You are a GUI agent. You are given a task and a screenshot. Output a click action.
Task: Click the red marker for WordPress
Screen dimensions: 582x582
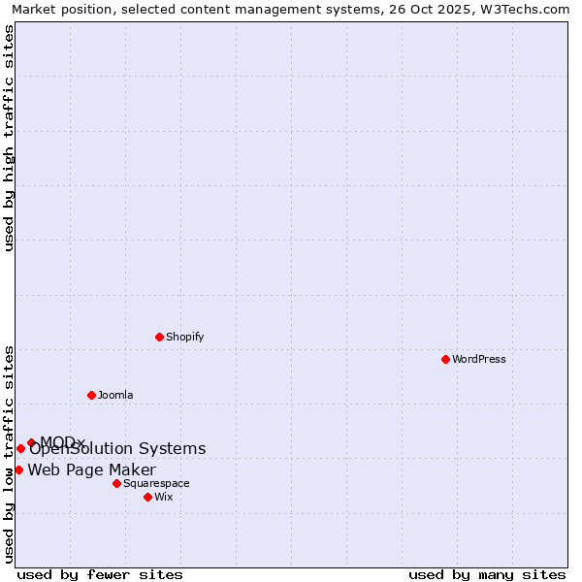(445, 359)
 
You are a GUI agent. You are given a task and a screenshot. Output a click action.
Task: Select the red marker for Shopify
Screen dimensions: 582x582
(159, 337)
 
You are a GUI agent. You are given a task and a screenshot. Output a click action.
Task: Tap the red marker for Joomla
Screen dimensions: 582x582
(91, 395)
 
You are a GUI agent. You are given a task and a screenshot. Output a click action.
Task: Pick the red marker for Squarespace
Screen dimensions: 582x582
(116, 483)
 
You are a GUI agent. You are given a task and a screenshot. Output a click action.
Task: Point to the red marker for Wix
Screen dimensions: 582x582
(147, 497)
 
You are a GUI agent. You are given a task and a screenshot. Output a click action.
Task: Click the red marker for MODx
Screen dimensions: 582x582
(31, 442)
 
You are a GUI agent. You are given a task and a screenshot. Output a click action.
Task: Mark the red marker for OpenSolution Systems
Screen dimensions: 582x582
(20, 448)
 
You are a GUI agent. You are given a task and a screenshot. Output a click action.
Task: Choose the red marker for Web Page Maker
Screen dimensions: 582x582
(18, 469)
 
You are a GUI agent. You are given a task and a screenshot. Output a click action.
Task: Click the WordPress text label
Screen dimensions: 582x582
(479, 359)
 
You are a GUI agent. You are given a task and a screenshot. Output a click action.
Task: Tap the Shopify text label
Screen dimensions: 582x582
(184, 337)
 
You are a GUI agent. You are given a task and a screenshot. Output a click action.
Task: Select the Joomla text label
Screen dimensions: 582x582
(115, 395)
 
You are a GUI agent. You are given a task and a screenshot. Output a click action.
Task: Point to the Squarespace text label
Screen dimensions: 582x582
(156, 483)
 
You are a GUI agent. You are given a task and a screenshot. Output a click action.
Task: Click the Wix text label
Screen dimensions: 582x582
(164, 497)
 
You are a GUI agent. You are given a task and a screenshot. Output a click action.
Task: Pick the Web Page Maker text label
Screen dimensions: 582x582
(91, 470)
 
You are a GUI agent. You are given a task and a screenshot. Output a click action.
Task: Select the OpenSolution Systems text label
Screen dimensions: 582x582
(117, 448)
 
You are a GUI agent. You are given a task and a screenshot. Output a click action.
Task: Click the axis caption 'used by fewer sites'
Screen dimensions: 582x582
(100, 574)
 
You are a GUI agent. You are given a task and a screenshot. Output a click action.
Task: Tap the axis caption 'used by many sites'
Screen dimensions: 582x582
(487, 574)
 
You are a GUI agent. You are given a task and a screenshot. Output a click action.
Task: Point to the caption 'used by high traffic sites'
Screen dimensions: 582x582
(9, 138)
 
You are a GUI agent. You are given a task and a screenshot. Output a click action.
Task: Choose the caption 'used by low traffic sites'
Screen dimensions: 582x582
(9, 454)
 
